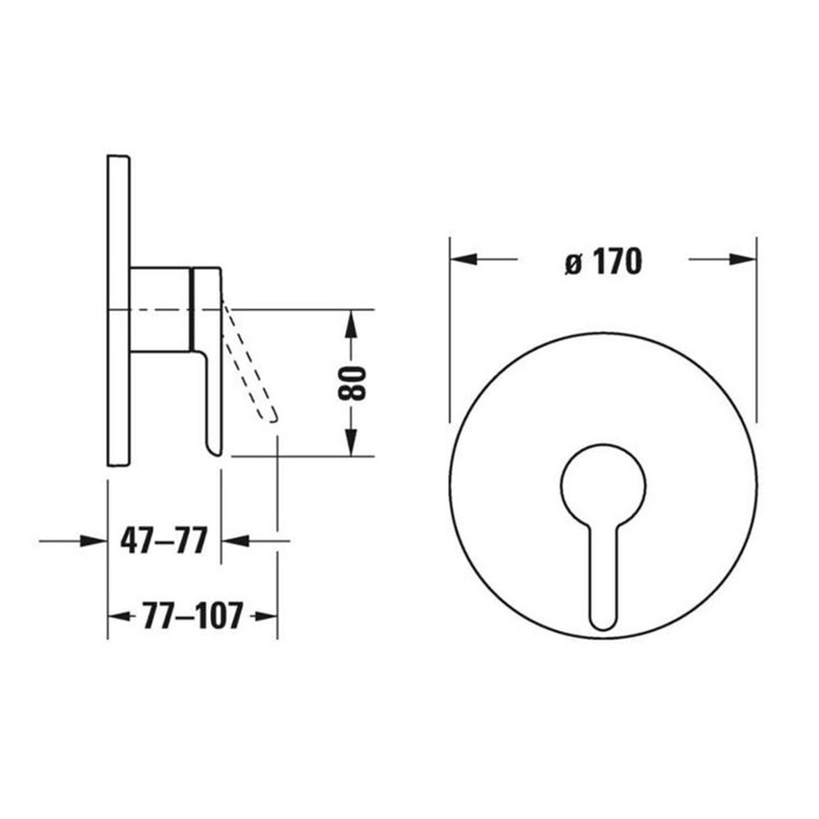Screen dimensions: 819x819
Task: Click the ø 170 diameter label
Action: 604,261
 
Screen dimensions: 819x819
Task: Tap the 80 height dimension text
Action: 352,383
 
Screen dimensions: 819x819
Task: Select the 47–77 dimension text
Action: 164,541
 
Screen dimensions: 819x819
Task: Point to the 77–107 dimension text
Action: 193,616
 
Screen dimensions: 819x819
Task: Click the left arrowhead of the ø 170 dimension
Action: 463,258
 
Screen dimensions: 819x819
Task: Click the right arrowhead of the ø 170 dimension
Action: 743,258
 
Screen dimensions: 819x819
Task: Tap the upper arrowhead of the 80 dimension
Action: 352,324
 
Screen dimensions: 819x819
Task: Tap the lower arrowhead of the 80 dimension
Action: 352,442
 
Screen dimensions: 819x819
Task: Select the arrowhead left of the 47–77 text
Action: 94,541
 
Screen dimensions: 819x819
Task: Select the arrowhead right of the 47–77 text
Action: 235,541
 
